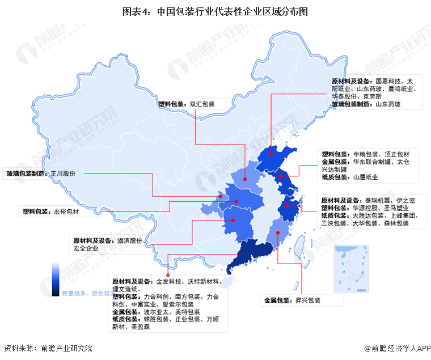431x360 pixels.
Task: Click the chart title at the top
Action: point(215,11)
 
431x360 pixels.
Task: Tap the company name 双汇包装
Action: point(202,104)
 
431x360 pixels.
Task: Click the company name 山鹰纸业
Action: point(366,177)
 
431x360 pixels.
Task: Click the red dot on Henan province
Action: point(245,180)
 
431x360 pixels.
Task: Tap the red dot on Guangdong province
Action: point(246,255)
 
